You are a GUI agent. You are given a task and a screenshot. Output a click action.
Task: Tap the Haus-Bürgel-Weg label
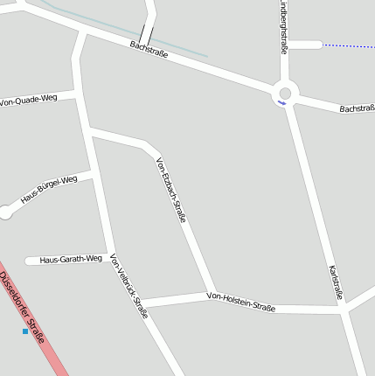[49, 190]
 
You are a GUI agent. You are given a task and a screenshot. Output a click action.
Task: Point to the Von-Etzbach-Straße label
[170, 190]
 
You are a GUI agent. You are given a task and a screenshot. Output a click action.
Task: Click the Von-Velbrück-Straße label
[128, 286]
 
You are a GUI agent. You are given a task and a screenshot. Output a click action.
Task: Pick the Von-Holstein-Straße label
[240, 302]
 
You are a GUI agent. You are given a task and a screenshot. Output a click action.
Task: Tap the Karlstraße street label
[336, 282]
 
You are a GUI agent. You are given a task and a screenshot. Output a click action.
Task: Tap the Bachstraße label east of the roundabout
[357, 109]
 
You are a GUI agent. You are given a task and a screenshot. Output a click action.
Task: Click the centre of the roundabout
[284, 92]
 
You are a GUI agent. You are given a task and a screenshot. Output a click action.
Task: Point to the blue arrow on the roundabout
[281, 103]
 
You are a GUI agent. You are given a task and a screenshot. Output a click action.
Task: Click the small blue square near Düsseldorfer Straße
[24, 331]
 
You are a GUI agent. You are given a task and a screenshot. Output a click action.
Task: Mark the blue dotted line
[348, 45]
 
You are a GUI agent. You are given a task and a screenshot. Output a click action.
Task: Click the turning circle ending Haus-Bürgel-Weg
[5, 211]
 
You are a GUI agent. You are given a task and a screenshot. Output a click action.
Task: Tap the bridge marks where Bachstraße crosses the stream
[145, 35]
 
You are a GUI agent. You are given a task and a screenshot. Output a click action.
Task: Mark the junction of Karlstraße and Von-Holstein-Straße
[342, 309]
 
